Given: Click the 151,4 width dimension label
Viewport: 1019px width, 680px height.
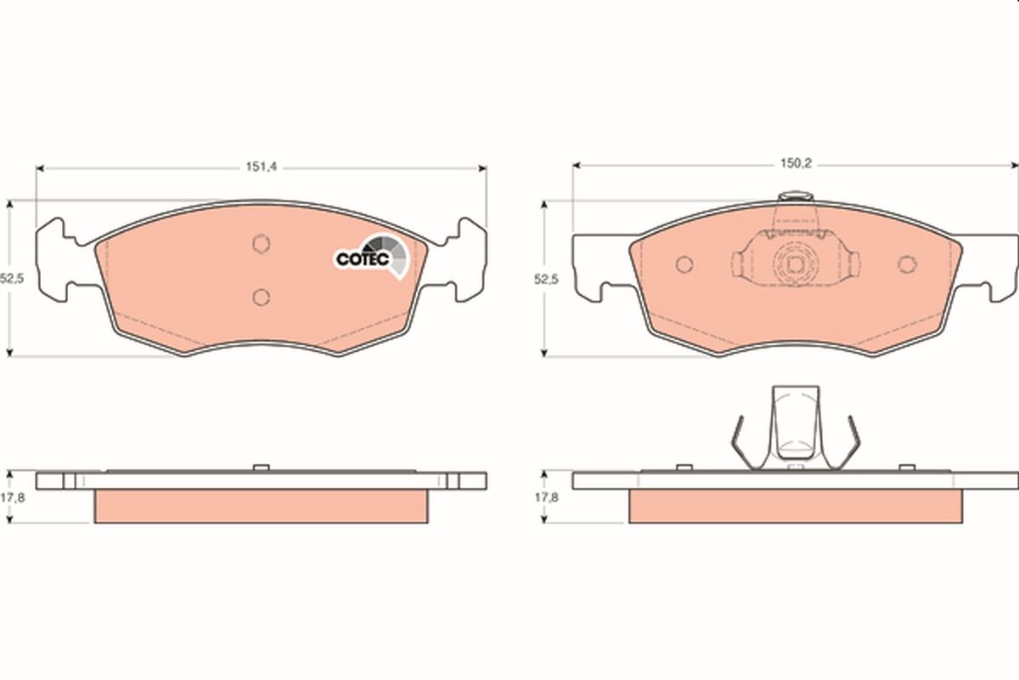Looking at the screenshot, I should (x=262, y=167).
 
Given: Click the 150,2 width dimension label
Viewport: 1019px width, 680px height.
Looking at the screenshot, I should (x=796, y=165).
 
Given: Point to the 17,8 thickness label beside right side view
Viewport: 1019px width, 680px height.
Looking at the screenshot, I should (x=546, y=498).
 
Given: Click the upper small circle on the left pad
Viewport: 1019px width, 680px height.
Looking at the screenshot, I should (x=262, y=244).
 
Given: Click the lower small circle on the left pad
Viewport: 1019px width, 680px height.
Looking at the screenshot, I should (x=262, y=297).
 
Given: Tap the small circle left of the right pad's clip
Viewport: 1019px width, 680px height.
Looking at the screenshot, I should (x=684, y=264).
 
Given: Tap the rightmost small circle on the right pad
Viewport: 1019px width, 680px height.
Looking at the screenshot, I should (x=908, y=264).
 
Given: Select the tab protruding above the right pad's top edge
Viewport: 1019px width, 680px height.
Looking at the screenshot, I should (x=796, y=198).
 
